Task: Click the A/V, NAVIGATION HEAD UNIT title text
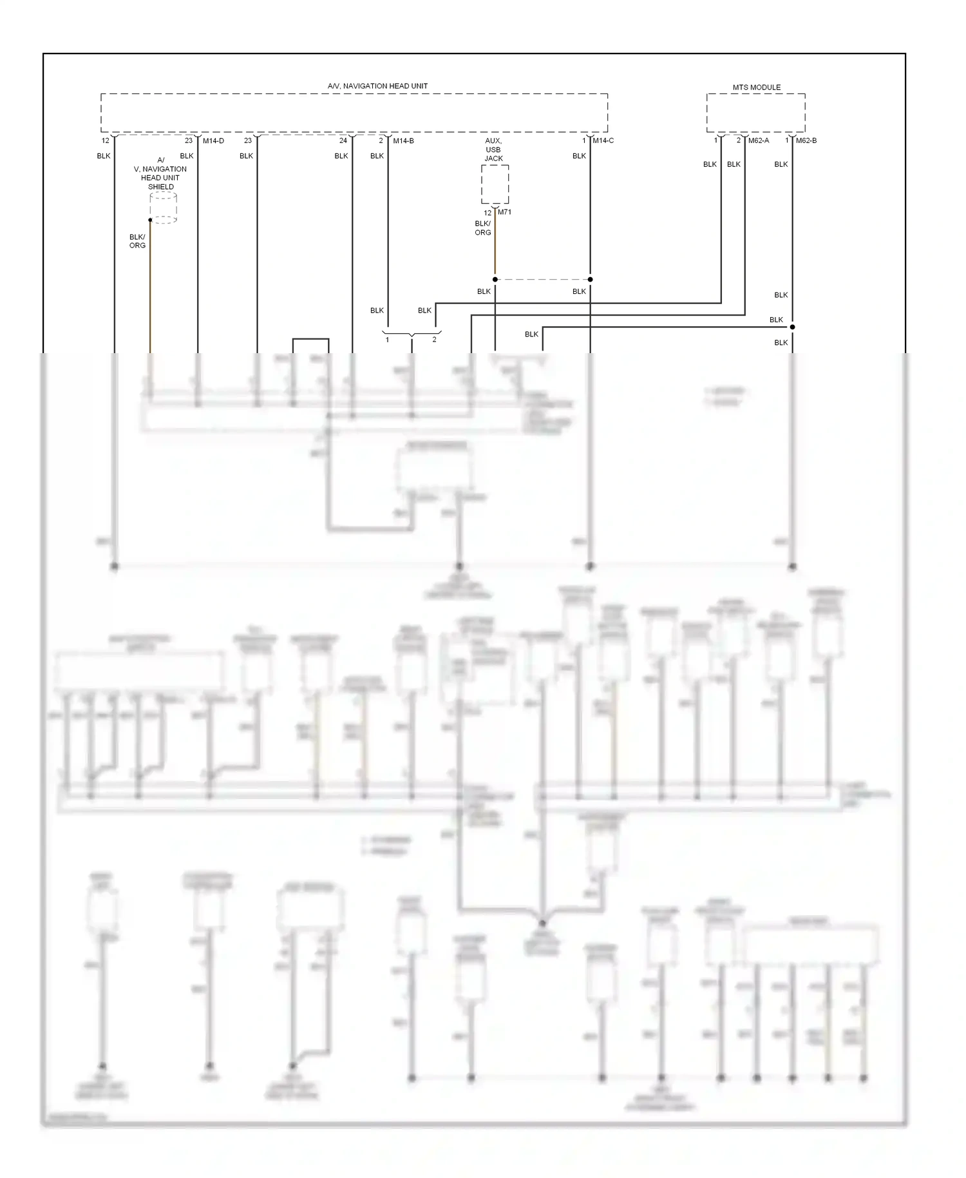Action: [377, 86]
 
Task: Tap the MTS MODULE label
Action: [756, 87]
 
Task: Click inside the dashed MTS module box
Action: [755, 113]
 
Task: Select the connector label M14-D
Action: [213, 140]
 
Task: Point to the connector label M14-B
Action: [403, 140]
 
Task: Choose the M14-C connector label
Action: [603, 140]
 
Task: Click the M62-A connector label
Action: [758, 140]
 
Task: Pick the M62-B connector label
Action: [806, 140]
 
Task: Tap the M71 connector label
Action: [504, 212]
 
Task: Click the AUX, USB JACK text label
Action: [493, 150]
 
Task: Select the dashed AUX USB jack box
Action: [495, 184]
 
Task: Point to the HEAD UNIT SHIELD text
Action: [160, 182]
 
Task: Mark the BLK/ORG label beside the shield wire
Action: [137, 241]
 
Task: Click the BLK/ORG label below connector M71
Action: [482, 228]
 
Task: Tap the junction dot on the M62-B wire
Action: [792, 327]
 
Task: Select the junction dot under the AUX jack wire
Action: [495, 280]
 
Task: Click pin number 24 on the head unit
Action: [343, 140]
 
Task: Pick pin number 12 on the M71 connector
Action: [488, 213]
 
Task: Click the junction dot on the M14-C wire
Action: [590, 280]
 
